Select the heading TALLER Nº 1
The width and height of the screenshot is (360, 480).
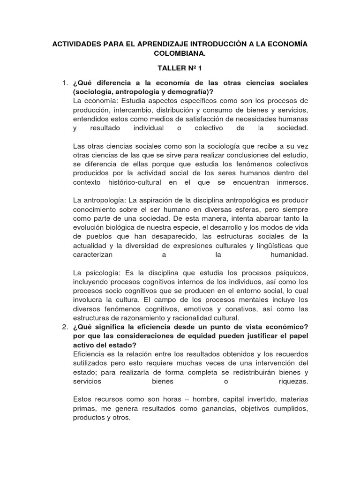[180, 68]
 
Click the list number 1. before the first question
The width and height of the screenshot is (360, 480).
[66, 83]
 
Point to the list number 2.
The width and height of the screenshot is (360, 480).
[66, 326]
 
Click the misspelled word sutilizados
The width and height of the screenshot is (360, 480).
[91, 363]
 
